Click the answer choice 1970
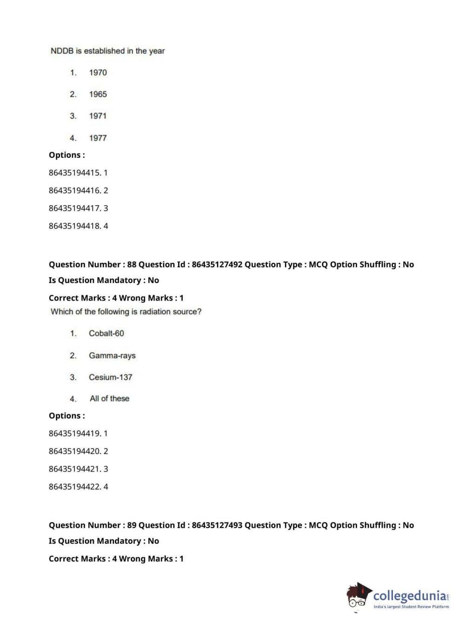(98, 73)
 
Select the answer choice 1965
(98, 94)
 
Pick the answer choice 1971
(98, 116)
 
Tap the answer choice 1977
(98, 138)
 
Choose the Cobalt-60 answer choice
(106, 333)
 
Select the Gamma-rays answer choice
(112, 356)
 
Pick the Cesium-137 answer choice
(110, 377)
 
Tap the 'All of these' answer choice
(109, 398)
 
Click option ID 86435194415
(74, 173)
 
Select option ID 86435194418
(74, 226)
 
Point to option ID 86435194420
(74, 451)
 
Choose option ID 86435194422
(74, 486)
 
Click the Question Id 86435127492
(217, 264)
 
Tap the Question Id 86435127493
(217, 525)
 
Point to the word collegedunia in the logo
(410, 596)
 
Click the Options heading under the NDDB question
(67, 155)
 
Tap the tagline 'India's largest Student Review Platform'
(411, 607)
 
